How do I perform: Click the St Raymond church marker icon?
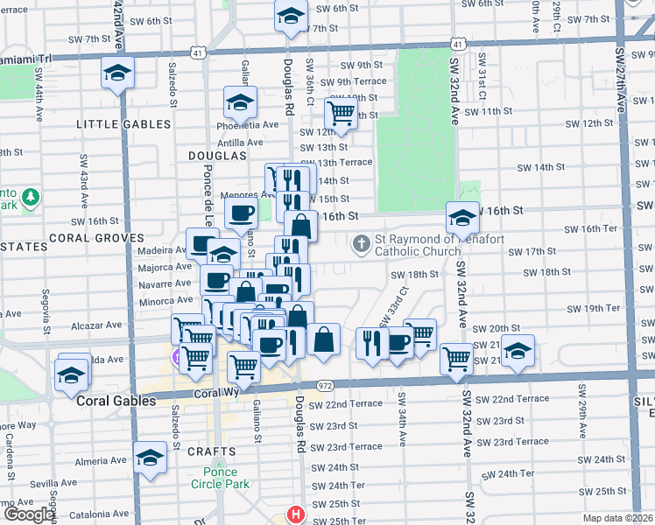pos(361,244)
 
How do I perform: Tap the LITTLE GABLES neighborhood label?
pos(123,124)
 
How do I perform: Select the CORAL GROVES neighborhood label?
pos(96,237)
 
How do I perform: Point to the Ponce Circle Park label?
pos(221,478)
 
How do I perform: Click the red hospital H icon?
pos(298,515)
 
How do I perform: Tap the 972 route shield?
pos(325,386)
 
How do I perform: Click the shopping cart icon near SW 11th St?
pos(340,112)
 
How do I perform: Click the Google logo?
pos(28,515)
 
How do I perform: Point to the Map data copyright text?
pos(616,518)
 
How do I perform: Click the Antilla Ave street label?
pos(240,142)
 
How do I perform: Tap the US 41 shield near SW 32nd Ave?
pos(459,42)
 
